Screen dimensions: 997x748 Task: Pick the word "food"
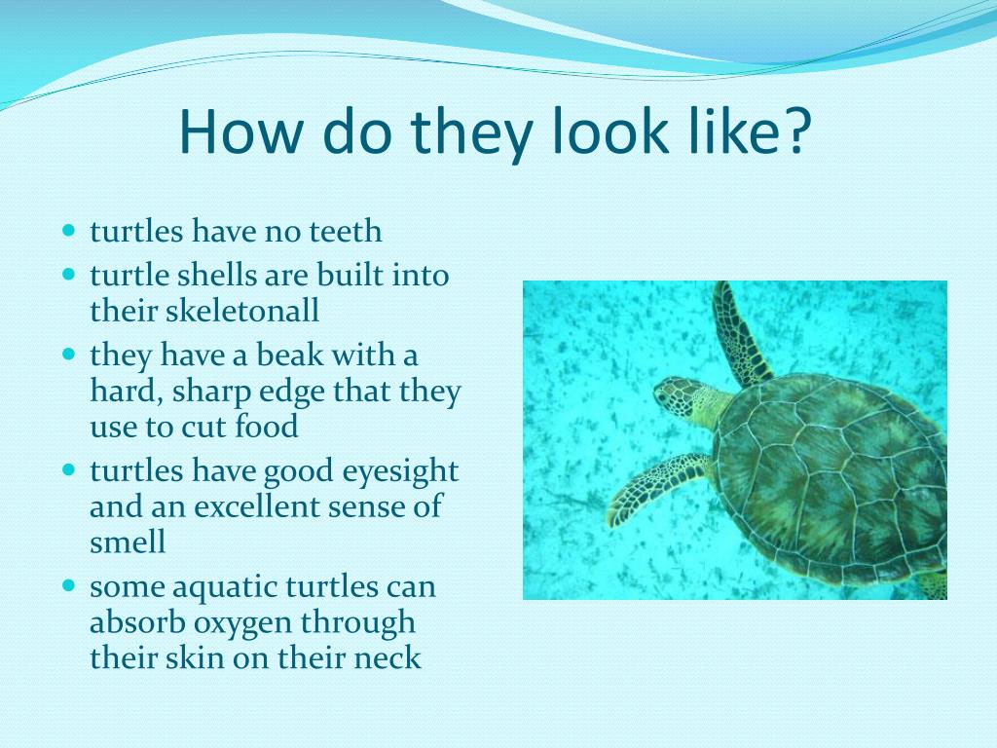click(x=266, y=427)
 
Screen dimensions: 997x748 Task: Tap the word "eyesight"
click(x=400, y=472)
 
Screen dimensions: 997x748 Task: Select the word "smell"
click(x=128, y=542)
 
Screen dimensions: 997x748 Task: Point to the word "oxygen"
click(x=242, y=624)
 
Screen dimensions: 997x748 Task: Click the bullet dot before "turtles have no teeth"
click(x=69, y=230)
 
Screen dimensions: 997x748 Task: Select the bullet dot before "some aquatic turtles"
click(x=69, y=585)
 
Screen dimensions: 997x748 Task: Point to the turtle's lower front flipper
click(x=655, y=487)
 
